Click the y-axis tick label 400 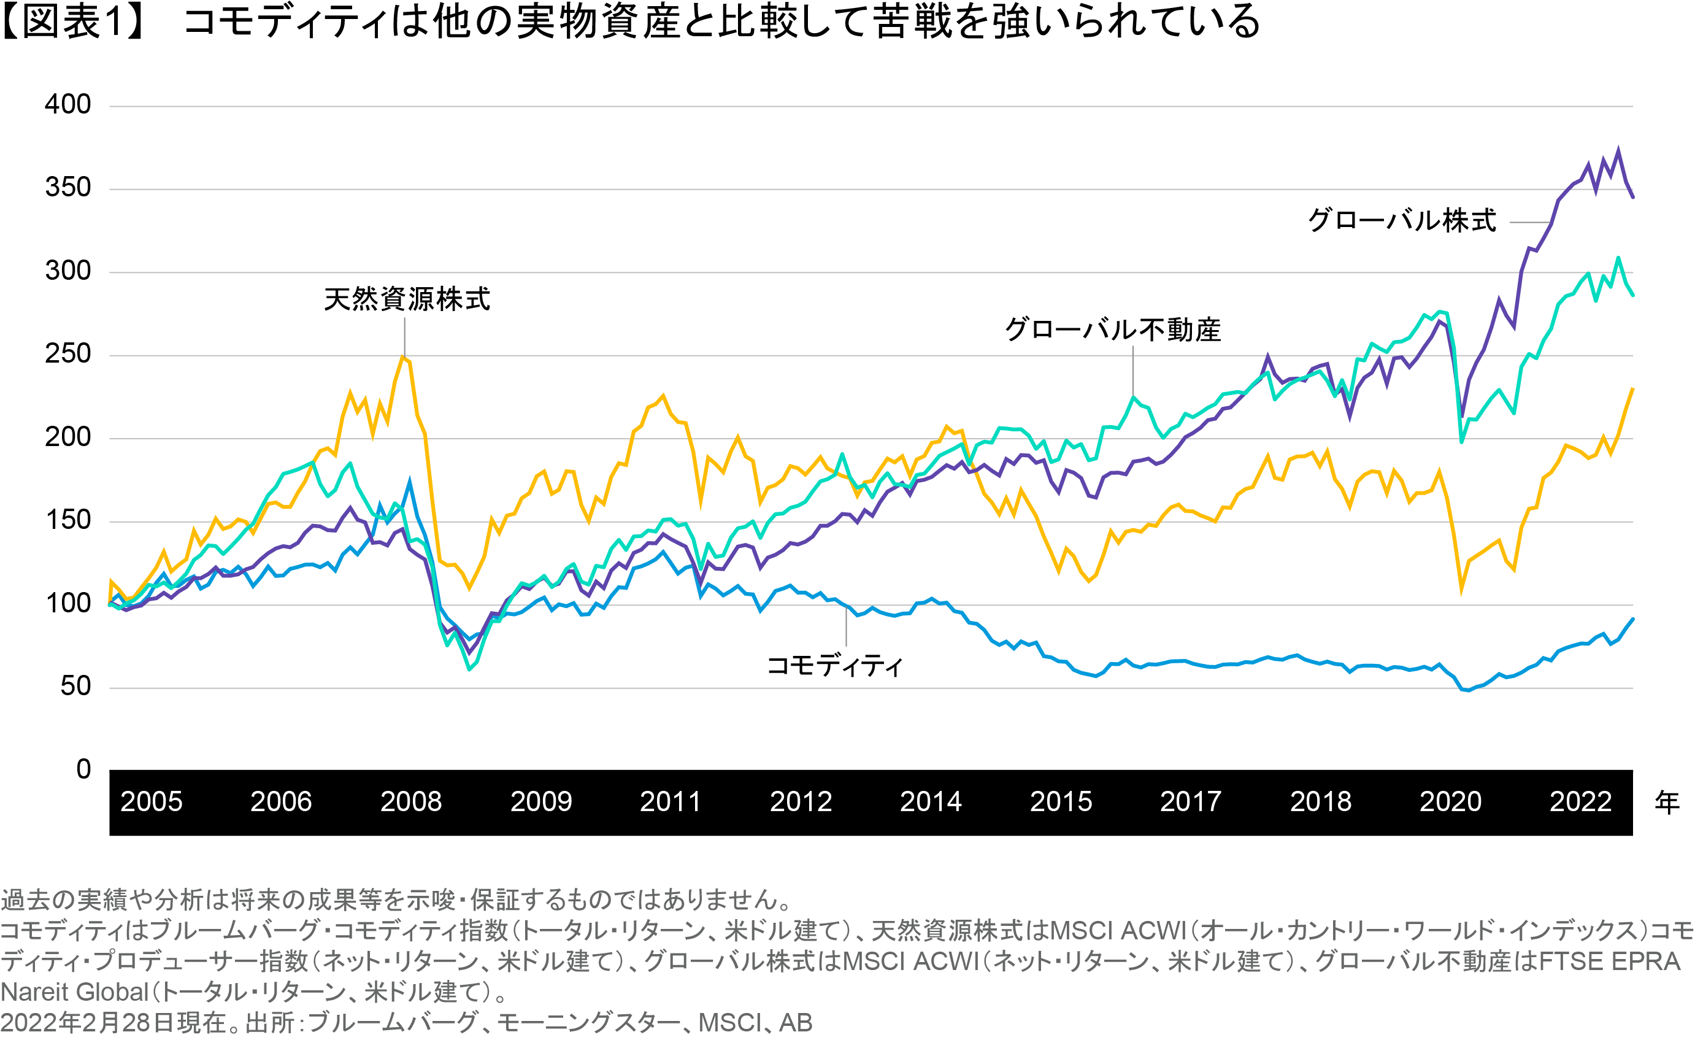(67, 106)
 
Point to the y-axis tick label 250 (67, 354)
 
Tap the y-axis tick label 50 (75, 687)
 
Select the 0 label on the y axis (83, 769)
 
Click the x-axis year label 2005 (152, 802)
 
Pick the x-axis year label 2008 (410, 802)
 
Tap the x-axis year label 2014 (930, 802)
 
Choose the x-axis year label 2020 (1450, 802)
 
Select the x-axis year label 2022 (1580, 802)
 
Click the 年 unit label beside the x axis (1667, 803)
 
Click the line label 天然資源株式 (407, 300)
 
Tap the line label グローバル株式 (1401, 221)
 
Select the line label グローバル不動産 (1112, 330)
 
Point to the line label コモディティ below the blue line (834, 666)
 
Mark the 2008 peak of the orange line (403, 356)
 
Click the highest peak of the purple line (1617, 149)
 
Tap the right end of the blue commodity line (1632, 619)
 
